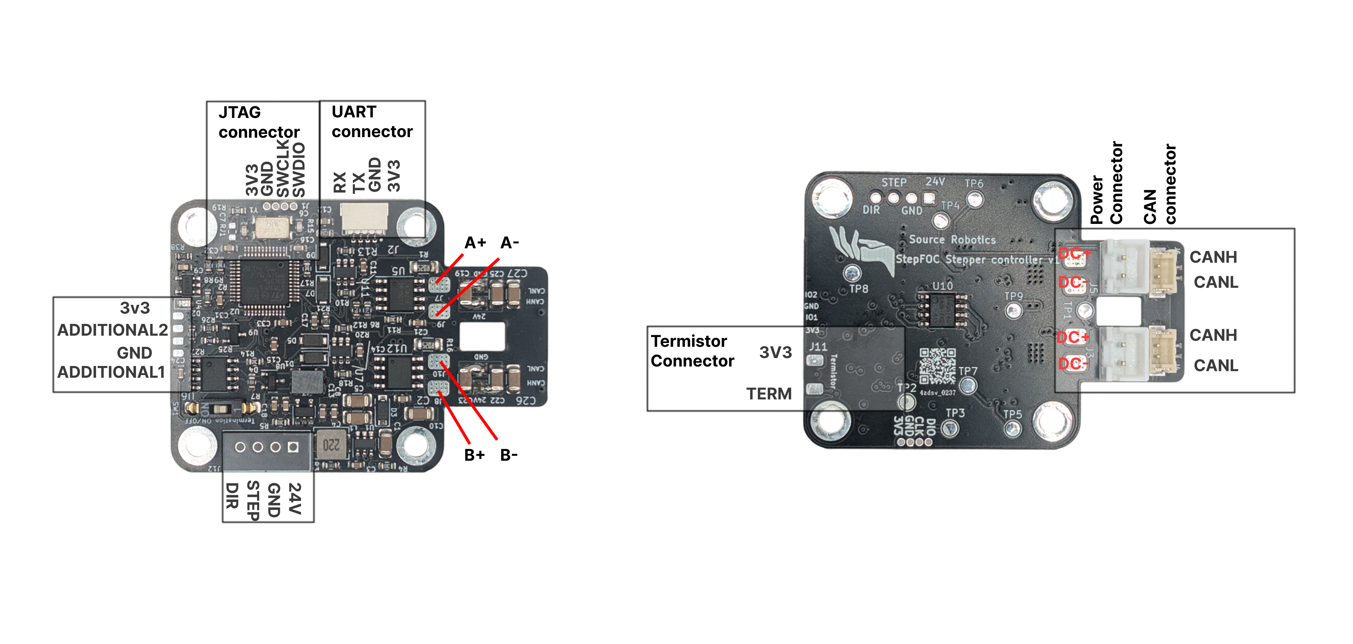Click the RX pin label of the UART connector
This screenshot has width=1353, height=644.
coord(340,182)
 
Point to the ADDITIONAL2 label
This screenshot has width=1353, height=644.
coord(113,330)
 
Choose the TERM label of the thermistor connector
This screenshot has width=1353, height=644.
coord(769,394)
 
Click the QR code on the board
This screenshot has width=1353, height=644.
coord(937,366)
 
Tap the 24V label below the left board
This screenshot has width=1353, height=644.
coord(295,499)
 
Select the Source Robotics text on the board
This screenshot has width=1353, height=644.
coord(952,240)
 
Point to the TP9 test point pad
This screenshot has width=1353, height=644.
coord(1013,310)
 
